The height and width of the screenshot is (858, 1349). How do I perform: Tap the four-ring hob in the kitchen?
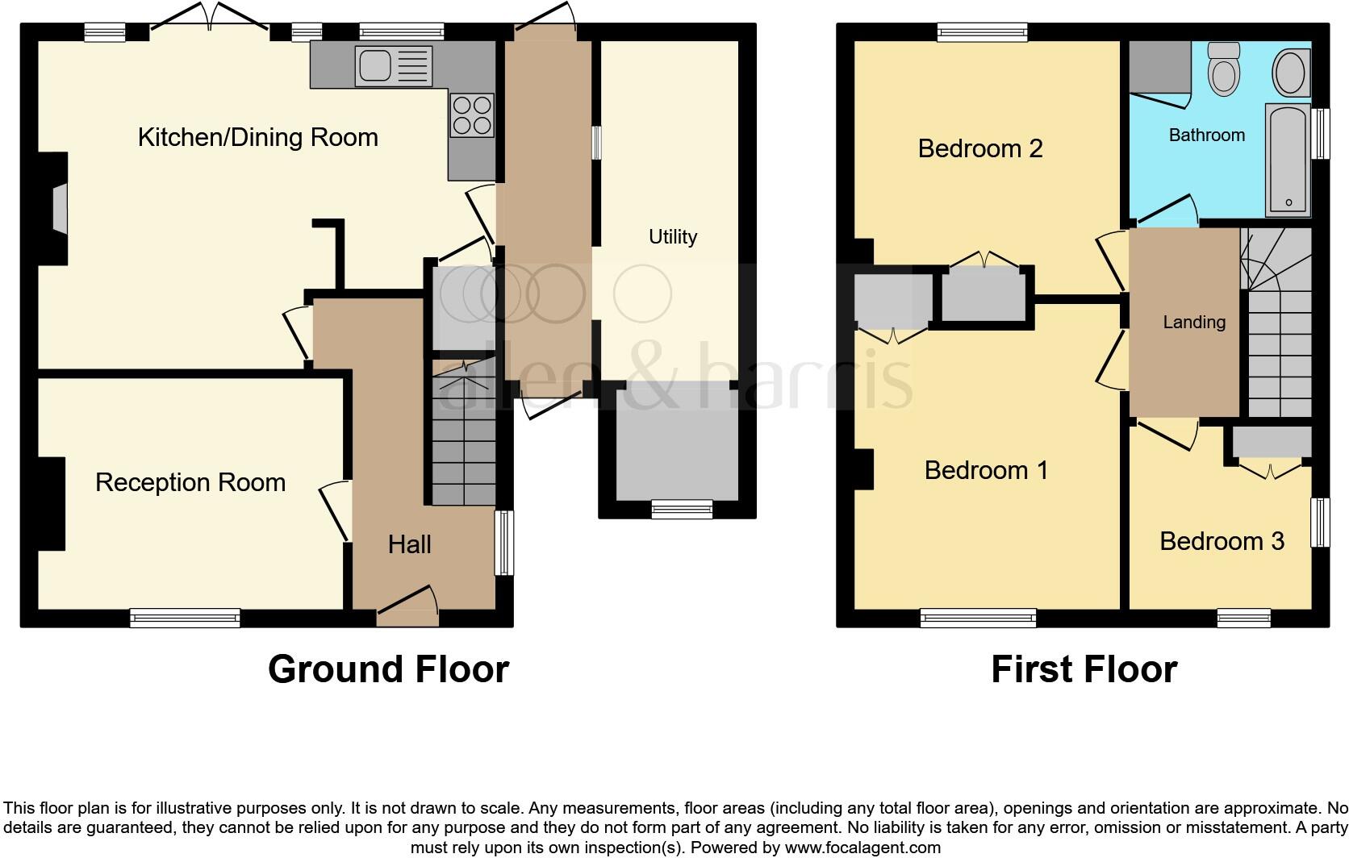472,115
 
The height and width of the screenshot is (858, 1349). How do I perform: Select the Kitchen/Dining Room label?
257,137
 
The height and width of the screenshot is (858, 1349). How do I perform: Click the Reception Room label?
190,482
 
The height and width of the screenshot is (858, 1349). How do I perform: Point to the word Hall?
409,544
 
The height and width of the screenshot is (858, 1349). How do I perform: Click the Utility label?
672,236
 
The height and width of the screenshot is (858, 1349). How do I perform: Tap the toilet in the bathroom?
1224,69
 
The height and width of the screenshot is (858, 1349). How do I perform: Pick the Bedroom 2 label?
980,148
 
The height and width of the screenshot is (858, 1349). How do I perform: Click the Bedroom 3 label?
1221,541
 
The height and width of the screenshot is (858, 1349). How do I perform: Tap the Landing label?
1193,323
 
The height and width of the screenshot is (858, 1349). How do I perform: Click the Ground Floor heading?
388,669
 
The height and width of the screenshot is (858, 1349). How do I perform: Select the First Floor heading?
1084,669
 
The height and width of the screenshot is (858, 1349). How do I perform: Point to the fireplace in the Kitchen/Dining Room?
59,209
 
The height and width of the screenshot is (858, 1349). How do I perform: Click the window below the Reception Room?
185,618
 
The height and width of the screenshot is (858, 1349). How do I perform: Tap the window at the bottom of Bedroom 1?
978,619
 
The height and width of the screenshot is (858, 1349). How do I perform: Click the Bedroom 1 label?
986,470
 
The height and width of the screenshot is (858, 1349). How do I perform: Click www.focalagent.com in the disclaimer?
862,848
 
